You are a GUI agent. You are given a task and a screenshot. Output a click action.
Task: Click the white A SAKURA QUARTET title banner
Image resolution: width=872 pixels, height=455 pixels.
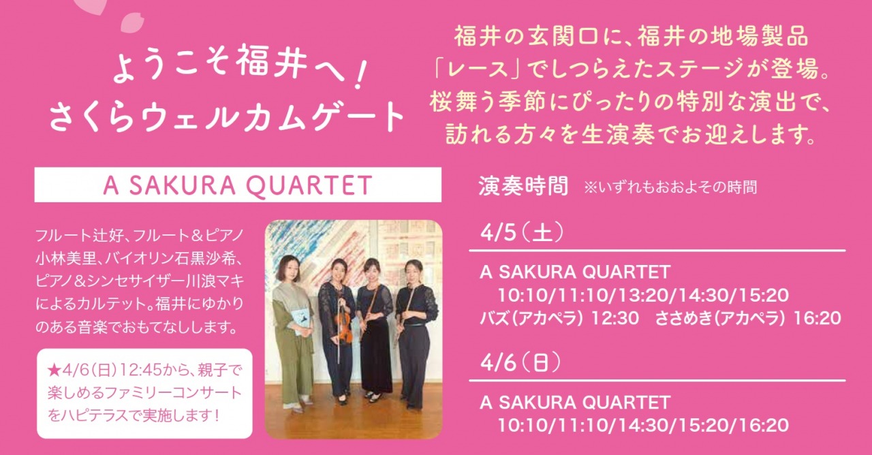(x=238, y=185)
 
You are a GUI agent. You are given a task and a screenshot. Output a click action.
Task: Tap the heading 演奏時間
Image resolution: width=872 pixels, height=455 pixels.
(x=523, y=187)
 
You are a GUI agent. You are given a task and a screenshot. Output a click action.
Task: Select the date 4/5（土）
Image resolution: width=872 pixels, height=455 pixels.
(x=522, y=233)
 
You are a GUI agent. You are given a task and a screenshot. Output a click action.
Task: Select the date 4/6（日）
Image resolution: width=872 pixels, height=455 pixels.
(x=521, y=362)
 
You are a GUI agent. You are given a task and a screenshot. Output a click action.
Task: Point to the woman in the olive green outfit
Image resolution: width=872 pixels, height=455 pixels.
(x=290, y=331)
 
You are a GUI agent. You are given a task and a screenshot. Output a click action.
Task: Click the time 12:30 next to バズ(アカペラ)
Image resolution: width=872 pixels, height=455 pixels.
(x=614, y=318)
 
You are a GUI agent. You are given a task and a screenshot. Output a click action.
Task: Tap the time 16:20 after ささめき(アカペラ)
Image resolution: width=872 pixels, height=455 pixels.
(x=817, y=318)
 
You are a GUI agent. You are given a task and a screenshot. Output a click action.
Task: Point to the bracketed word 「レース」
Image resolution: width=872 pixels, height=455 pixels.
(x=482, y=69)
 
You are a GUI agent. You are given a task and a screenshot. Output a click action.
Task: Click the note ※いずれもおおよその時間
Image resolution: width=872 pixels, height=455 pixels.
(x=670, y=187)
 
